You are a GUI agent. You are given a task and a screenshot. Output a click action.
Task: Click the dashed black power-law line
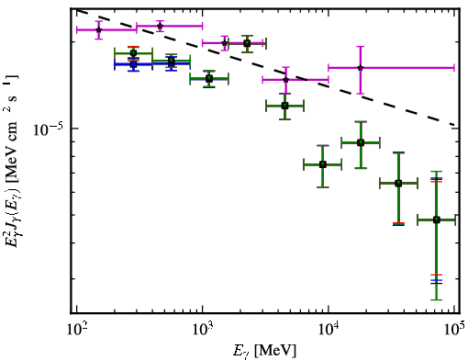pyautogui.click(x=265, y=68)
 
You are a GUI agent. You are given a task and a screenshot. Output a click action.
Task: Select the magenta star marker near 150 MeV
pyautogui.click(x=98, y=29)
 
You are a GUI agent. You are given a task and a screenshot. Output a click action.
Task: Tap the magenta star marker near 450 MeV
pyautogui.click(x=160, y=26)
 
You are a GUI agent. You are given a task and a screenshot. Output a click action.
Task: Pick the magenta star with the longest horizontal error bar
pyautogui.click(x=361, y=68)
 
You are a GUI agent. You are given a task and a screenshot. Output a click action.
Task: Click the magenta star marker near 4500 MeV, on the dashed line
pyautogui.click(x=285, y=80)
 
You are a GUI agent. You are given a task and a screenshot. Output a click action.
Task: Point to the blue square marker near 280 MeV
pyautogui.click(x=133, y=64)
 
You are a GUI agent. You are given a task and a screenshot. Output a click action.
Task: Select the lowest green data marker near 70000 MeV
pyautogui.click(x=437, y=219)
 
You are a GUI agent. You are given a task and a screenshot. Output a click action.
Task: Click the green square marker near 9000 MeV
pyautogui.click(x=322, y=164)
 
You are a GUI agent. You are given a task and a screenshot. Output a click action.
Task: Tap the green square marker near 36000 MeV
pyautogui.click(x=398, y=184)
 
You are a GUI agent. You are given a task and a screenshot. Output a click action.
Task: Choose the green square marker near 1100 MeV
pyautogui.click(x=209, y=79)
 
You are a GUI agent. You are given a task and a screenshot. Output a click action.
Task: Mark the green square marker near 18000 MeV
pyautogui.click(x=361, y=142)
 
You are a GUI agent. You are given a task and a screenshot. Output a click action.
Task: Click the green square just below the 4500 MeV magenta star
pyautogui.click(x=284, y=106)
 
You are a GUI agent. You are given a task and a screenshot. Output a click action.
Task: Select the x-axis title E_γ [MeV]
pyautogui.click(x=264, y=351)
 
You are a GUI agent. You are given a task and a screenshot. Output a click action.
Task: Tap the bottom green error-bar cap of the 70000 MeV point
pyautogui.click(x=437, y=299)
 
